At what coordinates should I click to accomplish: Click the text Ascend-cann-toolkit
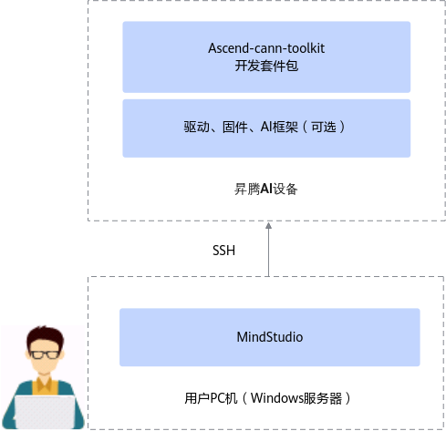(266, 48)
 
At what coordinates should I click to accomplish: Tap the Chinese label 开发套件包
(266, 66)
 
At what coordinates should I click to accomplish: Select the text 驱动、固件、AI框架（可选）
(264, 127)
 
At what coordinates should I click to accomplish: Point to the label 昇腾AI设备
(265, 189)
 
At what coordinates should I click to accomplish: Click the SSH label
(223, 251)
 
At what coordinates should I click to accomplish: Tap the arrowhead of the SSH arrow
(268, 226)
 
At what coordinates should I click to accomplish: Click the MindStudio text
(270, 337)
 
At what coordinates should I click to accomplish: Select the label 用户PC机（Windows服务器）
(267, 398)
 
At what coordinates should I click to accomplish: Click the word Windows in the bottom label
(275, 398)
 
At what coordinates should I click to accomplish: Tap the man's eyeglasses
(46, 354)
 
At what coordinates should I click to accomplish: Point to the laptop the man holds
(45, 412)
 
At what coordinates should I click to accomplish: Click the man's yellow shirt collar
(45, 385)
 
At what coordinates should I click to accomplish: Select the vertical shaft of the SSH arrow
(268, 252)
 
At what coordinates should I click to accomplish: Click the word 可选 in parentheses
(324, 127)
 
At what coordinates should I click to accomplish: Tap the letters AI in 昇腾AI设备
(266, 189)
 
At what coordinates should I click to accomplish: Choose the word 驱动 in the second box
(196, 127)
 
